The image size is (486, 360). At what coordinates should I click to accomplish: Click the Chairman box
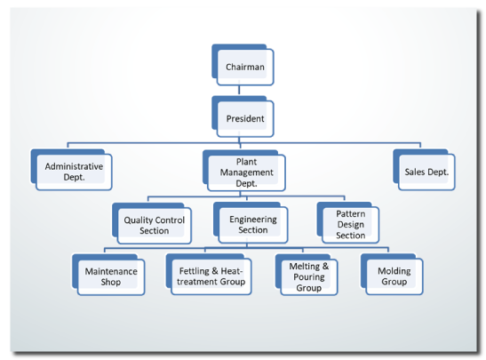pyautogui.click(x=244, y=67)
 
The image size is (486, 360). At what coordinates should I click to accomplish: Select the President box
pyautogui.click(x=244, y=117)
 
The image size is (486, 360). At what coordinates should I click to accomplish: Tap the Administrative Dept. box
pyautogui.click(x=74, y=171)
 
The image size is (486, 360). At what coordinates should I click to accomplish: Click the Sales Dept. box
pyautogui.click(x=426, y=171)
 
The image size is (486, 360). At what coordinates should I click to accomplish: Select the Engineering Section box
pyautogui.click(x=253, y=224)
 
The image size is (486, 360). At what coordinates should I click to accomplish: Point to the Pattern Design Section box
pyautogui.click(x=350, y=224)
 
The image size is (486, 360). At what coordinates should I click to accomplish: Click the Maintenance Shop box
pyautogui.click(x=110, y=276)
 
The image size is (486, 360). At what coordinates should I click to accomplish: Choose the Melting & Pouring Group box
pyautogui.click(x=309, y=276)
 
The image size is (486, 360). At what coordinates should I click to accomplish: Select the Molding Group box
pyautogui.click(x=394, y=276)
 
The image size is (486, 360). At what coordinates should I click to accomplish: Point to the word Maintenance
pyautogui.click(x=110, y=270)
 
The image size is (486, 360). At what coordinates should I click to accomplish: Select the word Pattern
pyautogui.click(x=350, y=214)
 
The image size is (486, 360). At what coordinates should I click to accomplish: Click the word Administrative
pyautogui.click(x=74, y=166)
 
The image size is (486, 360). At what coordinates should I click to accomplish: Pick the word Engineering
pyautogui.click(x=253, y=219)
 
